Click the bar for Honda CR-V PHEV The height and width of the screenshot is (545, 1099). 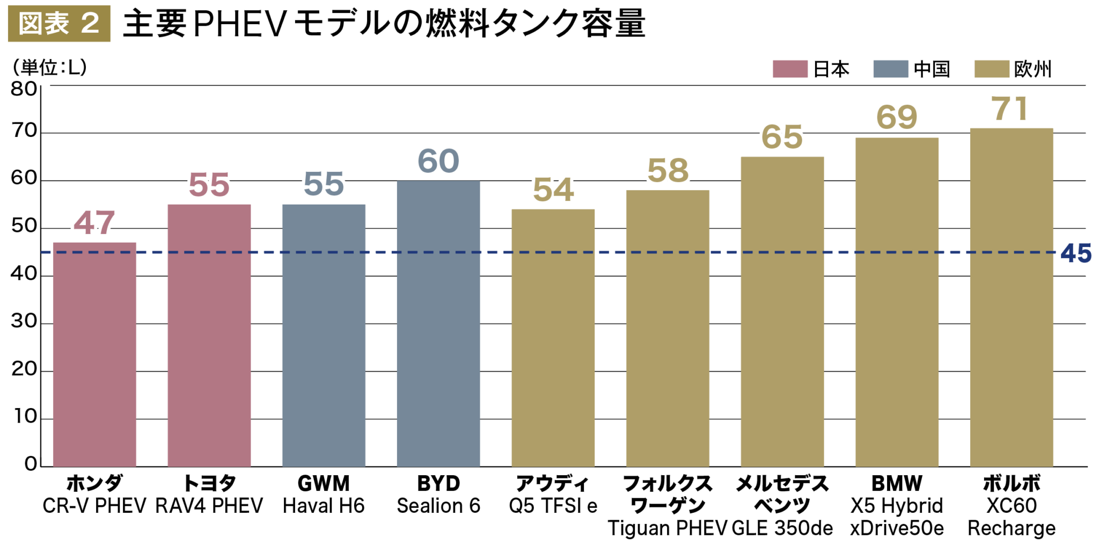[x=94, y=354]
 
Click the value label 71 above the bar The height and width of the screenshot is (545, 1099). [x=1009, y=108]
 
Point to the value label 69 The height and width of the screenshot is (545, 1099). [x=896, y=117]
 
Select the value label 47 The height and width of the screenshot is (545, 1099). [x=94, y=222]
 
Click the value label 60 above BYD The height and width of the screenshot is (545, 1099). [x=438, y=161]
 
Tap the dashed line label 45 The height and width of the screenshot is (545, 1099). [x=1075, y=253]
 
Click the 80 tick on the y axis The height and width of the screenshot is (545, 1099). [x=24, y=89]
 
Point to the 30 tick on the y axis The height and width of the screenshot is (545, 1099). [x=24, y=321]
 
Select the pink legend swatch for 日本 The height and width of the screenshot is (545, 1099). [x=789, y=69]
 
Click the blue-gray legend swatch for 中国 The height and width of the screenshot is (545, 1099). [x=890, y=69]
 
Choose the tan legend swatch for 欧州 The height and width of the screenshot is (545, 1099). [x=991, y=69]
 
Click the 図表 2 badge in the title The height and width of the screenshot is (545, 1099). [x=59, y=24]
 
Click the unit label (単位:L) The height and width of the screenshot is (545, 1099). [x=50, y=68]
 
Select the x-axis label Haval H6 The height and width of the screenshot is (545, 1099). [x=324, y=506]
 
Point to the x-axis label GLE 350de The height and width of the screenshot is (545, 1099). [x=782, y=528]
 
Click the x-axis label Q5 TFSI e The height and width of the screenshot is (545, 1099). [x=553, y=506]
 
